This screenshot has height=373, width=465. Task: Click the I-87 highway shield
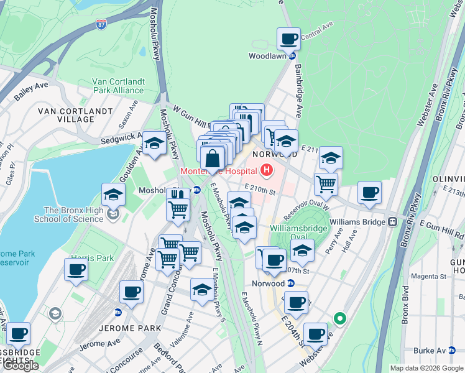click(x=101, y=25)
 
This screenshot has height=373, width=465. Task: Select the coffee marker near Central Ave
click(x=288, y=39)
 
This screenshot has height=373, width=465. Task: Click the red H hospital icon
click(x=267, y=169)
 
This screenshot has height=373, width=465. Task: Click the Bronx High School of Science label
click(x=73, y=214)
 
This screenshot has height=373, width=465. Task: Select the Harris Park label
click(x=92, y=257)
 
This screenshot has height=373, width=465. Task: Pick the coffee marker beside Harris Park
click(x=76, y=270)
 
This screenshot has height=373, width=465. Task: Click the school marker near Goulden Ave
click(x=154, y=145)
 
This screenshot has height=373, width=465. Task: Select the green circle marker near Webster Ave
click(x=339, y=319)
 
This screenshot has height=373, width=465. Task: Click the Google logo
click(x=21, y=366)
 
